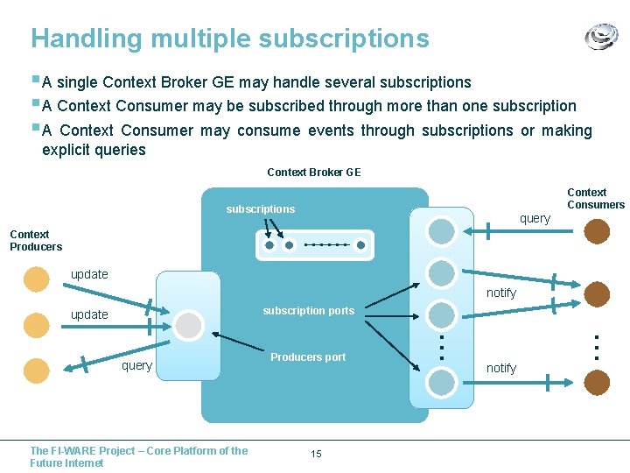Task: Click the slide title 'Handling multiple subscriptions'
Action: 230,39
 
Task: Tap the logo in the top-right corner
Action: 601,38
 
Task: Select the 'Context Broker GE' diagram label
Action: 313,173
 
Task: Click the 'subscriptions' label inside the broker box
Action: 261,209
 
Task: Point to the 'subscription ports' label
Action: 309,311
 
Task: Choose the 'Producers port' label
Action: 308,357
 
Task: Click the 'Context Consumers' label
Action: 596,199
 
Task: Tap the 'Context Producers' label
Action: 36,241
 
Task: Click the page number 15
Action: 316,454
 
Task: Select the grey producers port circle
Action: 188,325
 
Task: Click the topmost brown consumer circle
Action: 598,231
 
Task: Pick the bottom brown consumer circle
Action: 598,382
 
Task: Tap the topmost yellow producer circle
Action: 37,279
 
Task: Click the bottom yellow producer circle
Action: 37,371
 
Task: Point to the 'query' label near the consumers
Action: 535,219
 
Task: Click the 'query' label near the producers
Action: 136,366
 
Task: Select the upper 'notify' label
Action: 501,293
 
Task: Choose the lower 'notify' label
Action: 501,369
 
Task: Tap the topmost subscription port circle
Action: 442,231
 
